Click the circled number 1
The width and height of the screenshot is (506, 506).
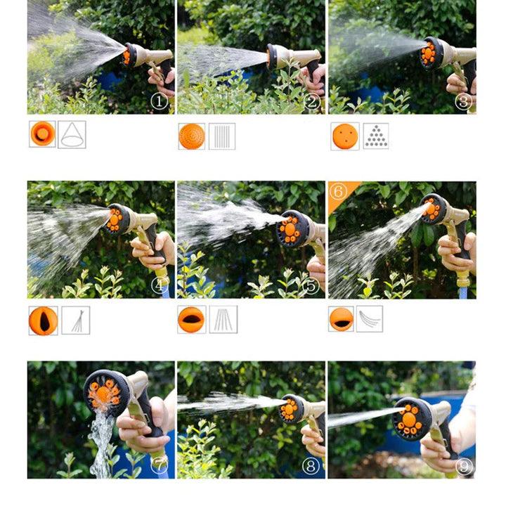tap(160, 102)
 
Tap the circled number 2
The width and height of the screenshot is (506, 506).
tap(311, 102)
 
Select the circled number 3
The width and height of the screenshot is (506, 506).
tap(462, 102)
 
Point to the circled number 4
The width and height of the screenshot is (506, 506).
tap(160, 285)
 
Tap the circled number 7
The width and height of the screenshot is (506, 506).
tap(160, 465)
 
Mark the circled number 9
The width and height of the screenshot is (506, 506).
tap(462, 465)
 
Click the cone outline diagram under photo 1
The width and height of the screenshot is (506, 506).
tap(72, 134)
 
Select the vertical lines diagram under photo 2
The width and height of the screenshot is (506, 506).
tap(222, 136)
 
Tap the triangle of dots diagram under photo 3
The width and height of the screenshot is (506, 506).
tap(375, 136)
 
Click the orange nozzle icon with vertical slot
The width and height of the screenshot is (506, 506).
tap(42, 320)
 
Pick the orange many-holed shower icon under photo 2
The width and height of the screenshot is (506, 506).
tap(192, 136)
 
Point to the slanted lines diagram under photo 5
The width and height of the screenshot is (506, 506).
tap(223, 319)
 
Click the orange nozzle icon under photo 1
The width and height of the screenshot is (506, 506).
tap(42, 134)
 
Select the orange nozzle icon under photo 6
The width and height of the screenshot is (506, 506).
tap(341, 319)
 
